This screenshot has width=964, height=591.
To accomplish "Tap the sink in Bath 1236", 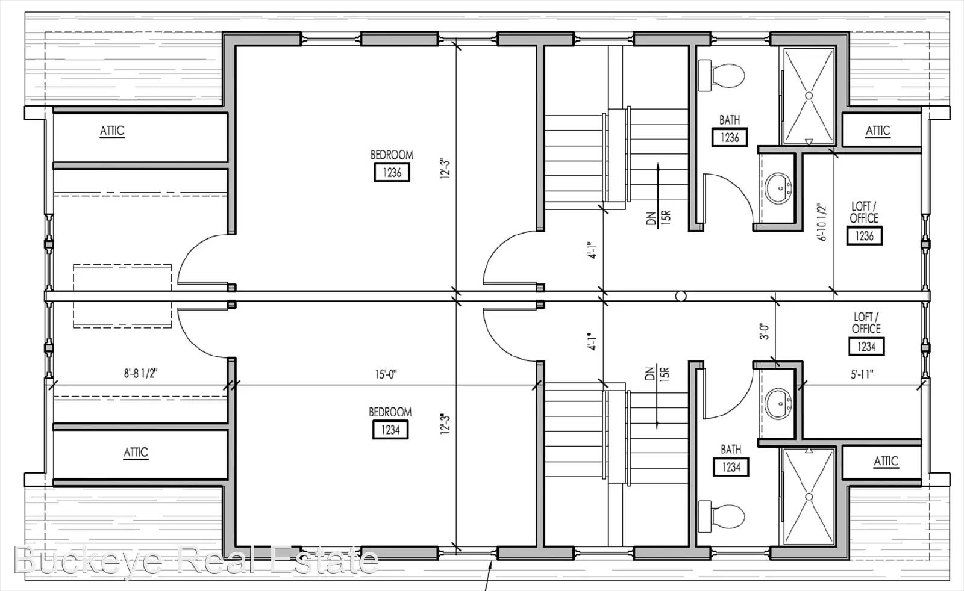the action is pos(778,188).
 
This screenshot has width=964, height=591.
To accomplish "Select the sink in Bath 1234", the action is pos(778,404).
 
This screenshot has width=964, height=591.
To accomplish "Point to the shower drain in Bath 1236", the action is pos(809,96).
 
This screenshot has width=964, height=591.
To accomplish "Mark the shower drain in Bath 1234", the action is pos(809,497).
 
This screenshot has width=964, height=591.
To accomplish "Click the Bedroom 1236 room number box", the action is pos(392,172).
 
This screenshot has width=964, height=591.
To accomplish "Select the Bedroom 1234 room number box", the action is pos(390,430).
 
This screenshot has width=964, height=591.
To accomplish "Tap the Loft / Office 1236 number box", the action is pos(864,235).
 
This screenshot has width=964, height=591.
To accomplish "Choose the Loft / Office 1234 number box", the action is pos(866,347).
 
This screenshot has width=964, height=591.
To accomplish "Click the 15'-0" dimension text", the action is pos(386,374).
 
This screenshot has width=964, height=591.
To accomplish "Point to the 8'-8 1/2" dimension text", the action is pos(141,374).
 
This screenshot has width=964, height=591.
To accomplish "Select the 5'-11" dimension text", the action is pos(862,374).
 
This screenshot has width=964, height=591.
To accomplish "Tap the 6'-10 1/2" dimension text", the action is pos(822,222).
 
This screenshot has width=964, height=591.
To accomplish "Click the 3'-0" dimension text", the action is pos(765,332).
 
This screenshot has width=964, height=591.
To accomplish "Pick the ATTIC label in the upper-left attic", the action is pos(112,131).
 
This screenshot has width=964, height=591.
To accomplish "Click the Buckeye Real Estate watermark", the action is pos(196,560).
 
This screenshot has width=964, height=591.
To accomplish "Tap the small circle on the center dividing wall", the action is pos(681,296).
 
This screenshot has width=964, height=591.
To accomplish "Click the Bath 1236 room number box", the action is pos(730,138).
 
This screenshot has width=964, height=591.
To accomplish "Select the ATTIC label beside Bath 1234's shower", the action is pos(886,461).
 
